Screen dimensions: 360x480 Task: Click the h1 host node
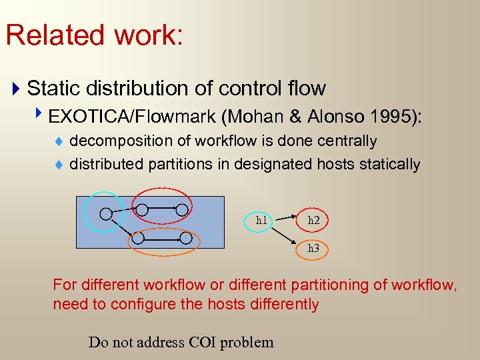[261, 219]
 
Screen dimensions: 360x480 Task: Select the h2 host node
[313, 219]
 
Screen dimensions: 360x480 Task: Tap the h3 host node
[313, 248]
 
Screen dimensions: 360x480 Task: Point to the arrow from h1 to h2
[287, 219]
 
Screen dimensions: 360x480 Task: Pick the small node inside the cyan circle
[105, 213]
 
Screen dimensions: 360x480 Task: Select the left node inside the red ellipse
[142, 209]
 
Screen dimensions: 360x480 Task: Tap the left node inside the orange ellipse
[137, 237]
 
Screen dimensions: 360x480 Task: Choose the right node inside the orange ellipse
[187, 237]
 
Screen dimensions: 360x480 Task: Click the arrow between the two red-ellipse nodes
[162, 209]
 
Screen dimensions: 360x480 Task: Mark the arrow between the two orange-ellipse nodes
[162, 237]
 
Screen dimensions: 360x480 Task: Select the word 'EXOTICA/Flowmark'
[135, 117]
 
